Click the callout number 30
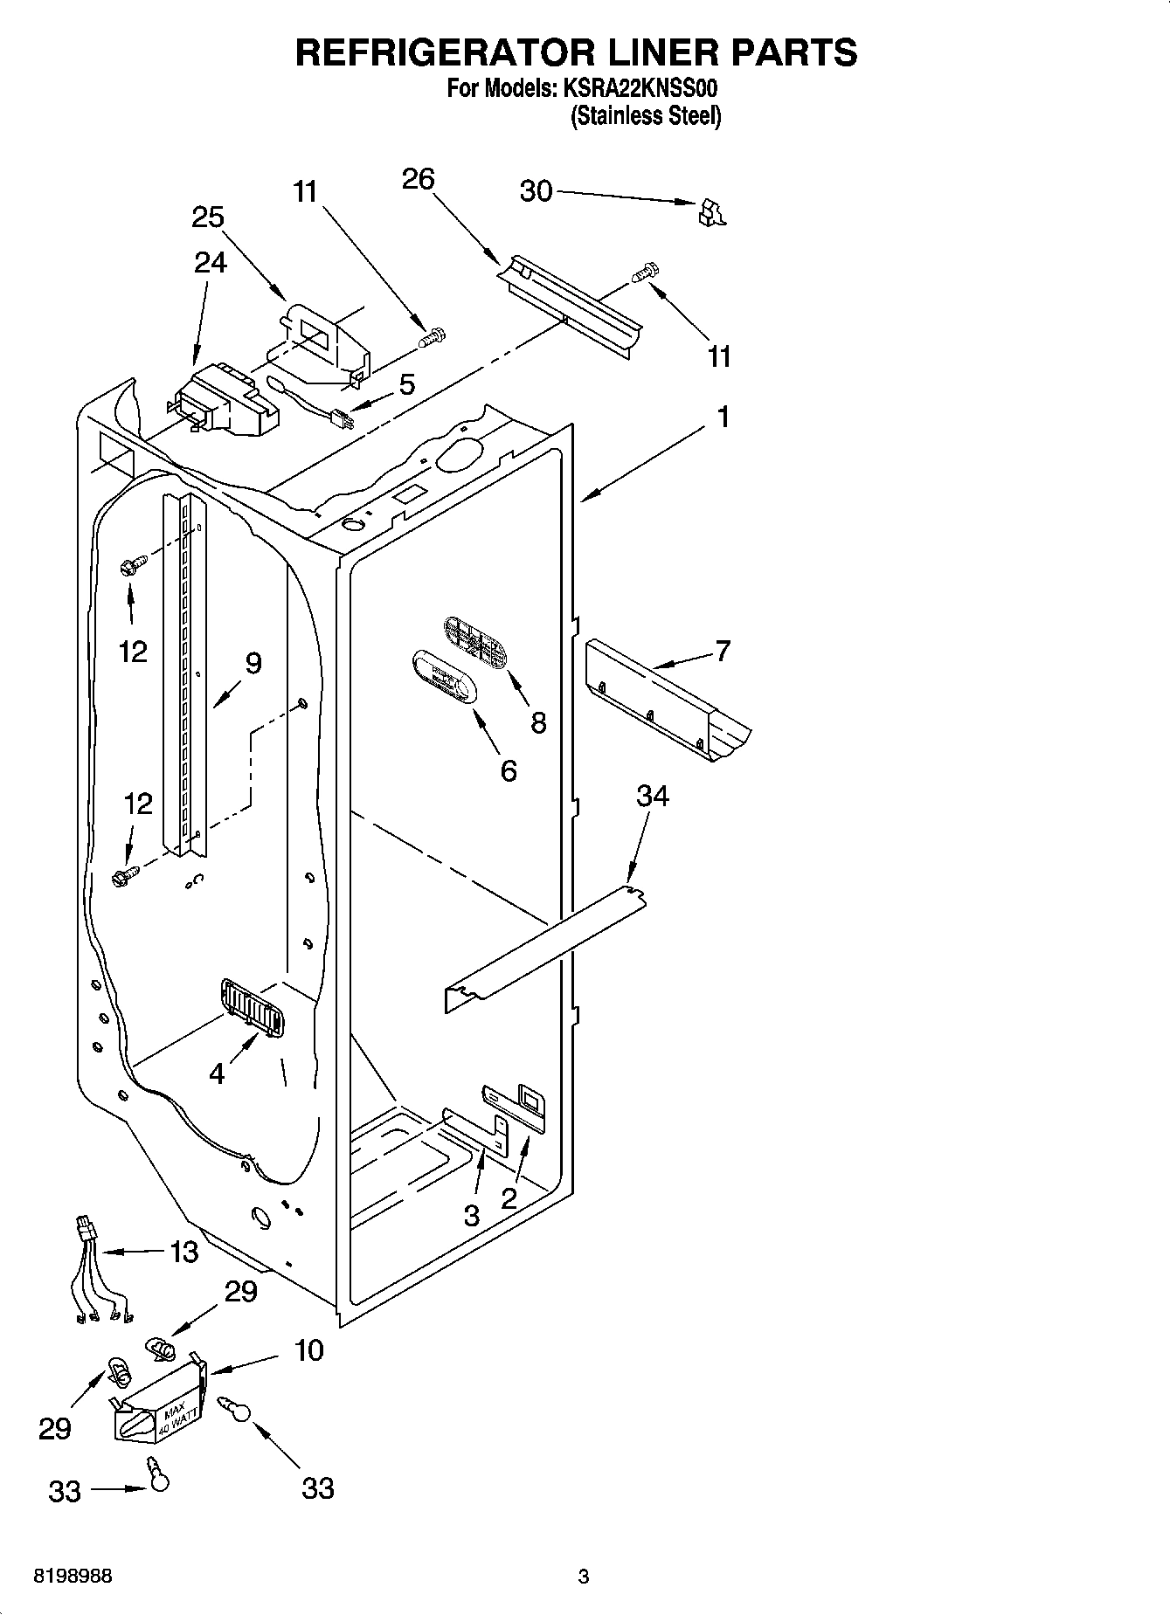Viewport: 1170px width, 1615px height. click(536, 190)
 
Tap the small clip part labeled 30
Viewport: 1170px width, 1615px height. click(711, 213)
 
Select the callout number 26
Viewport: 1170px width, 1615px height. click(418, 179)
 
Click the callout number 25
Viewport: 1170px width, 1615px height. click(208, 217)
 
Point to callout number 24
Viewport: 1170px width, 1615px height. click(210, 262)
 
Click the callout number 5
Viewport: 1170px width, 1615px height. click(406, 385)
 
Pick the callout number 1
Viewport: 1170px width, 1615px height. click(723, 418)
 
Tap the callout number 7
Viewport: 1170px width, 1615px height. click(723, 651)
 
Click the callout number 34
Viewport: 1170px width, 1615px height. click(652, 796)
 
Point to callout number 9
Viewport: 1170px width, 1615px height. click(253, 664)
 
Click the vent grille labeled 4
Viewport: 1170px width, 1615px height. click(252, 1010)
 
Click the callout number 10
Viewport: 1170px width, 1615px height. click(308, 1350)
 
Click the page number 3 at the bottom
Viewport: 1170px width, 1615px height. click(583, 1577)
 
